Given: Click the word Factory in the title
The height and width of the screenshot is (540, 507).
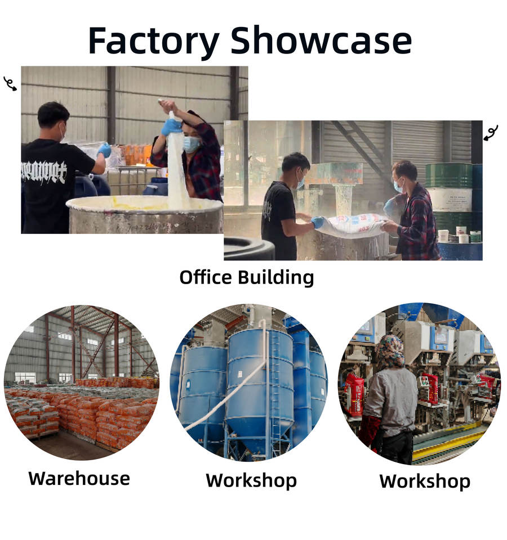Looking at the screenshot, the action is [x=153, y=41].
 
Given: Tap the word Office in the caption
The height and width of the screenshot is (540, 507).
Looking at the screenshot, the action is [x=206, y=277].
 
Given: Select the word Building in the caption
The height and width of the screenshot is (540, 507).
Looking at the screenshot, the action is [x=276, y=277].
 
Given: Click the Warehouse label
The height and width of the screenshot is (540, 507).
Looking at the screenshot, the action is [x=79, y=479].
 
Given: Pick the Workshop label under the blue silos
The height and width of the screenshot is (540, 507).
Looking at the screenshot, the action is [x=251, y=481].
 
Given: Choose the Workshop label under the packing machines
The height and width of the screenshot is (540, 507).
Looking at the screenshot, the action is [x=425, y=481].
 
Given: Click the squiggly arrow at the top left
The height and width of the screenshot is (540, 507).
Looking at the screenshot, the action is [x=10, y=84].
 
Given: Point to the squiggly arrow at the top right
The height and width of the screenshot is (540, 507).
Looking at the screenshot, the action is [x=491, y=133].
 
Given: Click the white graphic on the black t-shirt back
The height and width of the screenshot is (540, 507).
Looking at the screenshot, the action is [x=43, y=172].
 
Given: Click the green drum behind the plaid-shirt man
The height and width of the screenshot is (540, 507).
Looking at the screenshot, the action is [x=448, y=175].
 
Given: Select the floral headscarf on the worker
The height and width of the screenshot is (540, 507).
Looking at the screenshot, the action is [x=390, y=351].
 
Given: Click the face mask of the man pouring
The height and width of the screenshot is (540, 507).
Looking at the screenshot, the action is [x=191, y=144].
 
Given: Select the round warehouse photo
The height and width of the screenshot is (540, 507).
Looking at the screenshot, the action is [x=81, y=382].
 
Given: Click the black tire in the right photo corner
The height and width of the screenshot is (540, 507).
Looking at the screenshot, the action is [x=249, y=249].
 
